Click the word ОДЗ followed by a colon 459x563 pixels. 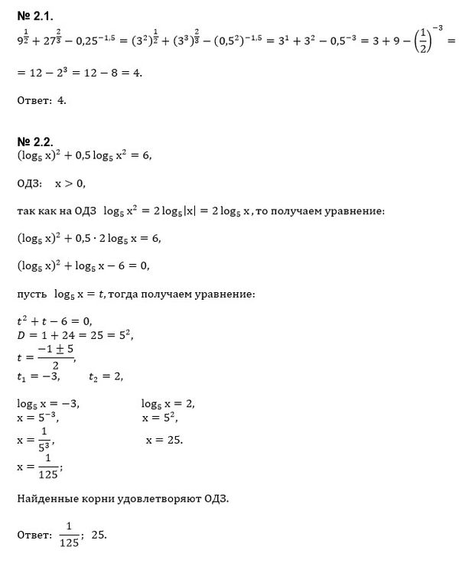(x=31, y=184)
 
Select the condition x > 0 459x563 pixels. (x=70, y=184)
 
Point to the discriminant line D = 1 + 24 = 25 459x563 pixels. (x=64, y=334)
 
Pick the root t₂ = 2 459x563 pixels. (x=106, y=376)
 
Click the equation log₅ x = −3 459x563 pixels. (x=47, y=404)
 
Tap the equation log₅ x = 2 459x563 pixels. (x=168, y=404)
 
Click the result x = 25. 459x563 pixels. (x=164, y=440)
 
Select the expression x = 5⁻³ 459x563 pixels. (x=37, y=418)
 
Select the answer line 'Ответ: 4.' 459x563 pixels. (x=42, y=99)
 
